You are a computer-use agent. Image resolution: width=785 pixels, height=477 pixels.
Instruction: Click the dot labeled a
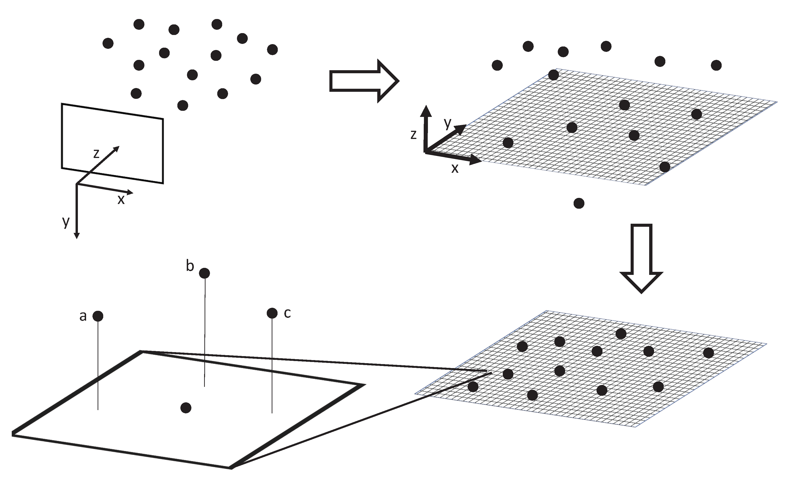pyautogui.click(x=98, y=316)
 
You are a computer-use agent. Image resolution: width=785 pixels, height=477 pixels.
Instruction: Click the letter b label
pyautogui.click(x=190, y=266)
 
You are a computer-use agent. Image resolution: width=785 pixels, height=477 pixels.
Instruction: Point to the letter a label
pyautogui.click(x=83, y=316)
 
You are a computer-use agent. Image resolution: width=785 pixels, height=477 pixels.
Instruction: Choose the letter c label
pyautogui.click(x=287, y=313)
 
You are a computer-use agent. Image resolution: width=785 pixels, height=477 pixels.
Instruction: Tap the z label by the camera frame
pyautogui.click(x=96, y=154)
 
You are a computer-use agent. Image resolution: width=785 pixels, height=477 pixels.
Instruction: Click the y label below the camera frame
pyautogui.click(x=66, y=221)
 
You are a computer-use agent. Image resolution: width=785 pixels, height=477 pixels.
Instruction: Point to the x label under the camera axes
pyautogui.click(x=121, y=200)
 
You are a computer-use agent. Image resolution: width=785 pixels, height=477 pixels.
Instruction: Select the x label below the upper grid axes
pyautogui.click(x=455, y=168)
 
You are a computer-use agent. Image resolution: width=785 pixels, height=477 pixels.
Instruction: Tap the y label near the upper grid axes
pyautogui.click(x=448, y=123)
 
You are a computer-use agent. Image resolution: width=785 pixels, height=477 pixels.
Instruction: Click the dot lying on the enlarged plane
pyautogui.click(x=186, y=408)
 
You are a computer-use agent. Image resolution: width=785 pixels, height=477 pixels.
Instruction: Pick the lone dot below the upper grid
pyautogui.click(x=579, y=203)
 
